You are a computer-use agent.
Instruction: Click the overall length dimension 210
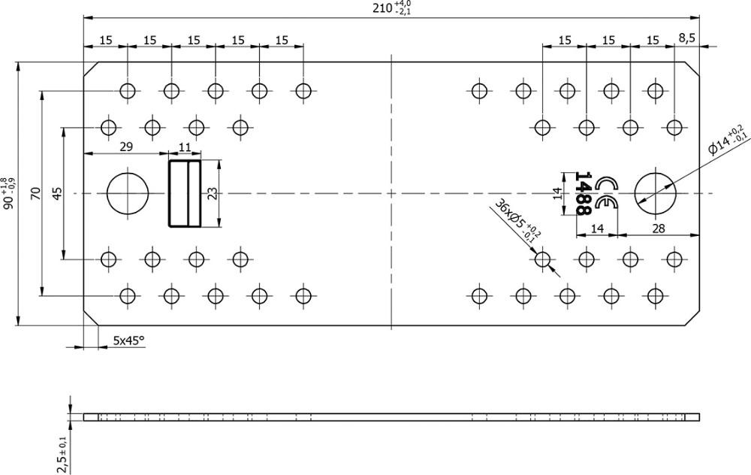pyautogui.click(x=392, y=8)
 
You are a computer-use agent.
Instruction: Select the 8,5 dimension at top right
pyautogui.click(x=687, y=38)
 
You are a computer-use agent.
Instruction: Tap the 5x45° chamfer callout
pyautogui.click(x=128, y=340)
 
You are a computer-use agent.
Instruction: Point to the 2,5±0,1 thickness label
pyautogui.click(x=62, y=455)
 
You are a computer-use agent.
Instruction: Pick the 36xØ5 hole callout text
pyautogui.click(x=518, y=219)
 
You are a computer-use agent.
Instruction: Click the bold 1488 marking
pyautogui.click(x=582, y=193)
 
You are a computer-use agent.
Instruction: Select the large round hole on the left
pyautogui.click(x=128, y=193)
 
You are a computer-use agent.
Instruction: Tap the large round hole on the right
pyautogui.click(x=655, y=193)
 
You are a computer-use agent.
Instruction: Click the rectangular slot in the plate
pyautogui.click(x=185, y=193)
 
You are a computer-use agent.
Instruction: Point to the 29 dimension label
pyautogui.click(x=126, y=147)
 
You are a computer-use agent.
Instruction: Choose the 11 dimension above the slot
pyautogui.click(x=185, y=147)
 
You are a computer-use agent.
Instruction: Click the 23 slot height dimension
pyautogui.click(x=213, y=193)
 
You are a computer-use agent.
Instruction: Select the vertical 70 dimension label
pyautogui.click(x=35, y=193)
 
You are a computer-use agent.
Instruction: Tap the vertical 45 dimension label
pyautogui.click(x=57, y=193)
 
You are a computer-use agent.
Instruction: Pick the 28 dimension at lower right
pyautogui.click(x=659, y=228)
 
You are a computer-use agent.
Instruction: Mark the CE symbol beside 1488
pyautogui.click(x=606, y=193)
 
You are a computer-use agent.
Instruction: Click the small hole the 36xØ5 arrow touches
pyautogui.click(x=542, y=259)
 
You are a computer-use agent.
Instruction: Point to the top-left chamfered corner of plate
pyautogui.click(x=91, y=69)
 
